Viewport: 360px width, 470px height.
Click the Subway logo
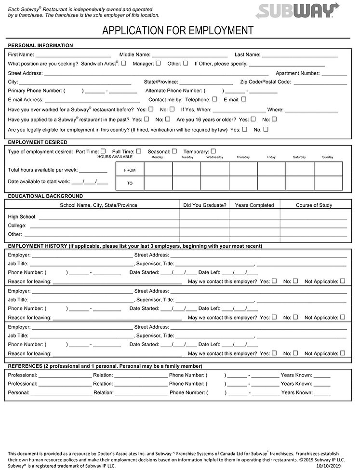click(x=297, y=10)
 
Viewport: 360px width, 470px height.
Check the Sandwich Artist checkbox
click(x=124, y=63)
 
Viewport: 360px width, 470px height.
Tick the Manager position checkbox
click(x=158, y=63)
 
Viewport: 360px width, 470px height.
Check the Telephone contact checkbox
click(x=214, y=99)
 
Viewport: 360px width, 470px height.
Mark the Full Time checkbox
click(x=139, y=151)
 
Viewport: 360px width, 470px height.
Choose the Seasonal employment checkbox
click(x=174, y=151)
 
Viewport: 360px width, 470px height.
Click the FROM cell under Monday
click(x=158, y=169)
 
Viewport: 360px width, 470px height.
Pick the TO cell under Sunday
click(x=328, y=183)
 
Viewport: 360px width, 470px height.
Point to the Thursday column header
click(x=243, y=157)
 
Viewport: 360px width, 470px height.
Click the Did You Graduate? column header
click(x=205, y=205)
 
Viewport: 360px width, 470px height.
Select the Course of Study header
click(x=314, y=205)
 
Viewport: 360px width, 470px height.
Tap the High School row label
click(x=22, y=216)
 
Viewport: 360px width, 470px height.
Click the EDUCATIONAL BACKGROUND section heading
click(x=45, y=196)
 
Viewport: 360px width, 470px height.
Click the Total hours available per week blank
click(x=93, y=170)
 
